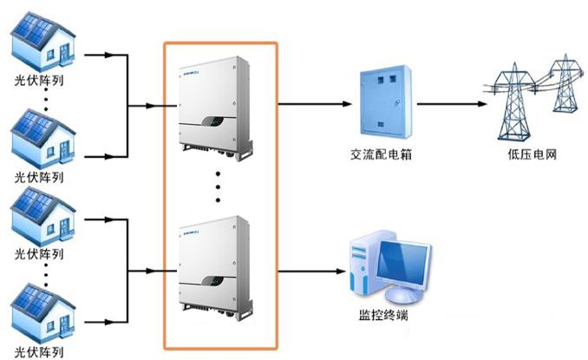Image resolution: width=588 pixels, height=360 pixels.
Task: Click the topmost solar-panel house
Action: (41, 44)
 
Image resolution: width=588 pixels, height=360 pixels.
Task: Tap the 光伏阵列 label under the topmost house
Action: (40, 82)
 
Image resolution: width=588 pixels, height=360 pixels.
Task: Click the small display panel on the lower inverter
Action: (213, 280)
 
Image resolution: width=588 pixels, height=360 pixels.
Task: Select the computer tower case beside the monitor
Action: (363, 265)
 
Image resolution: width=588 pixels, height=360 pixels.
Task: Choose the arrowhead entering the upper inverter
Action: (154, 108)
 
